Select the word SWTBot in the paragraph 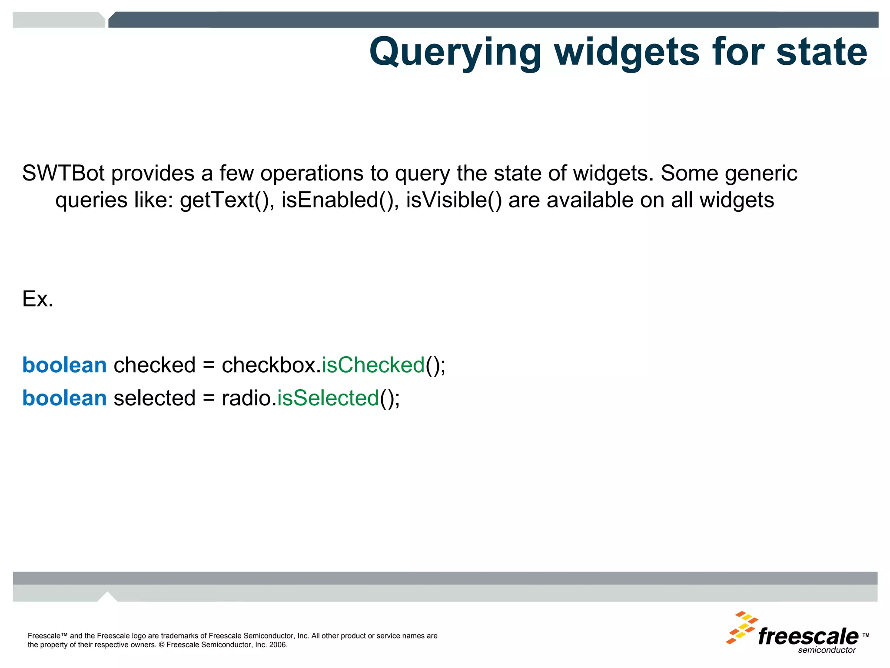coord(63,173)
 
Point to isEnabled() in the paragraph coord(340,200)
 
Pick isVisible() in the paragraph coord(454,200)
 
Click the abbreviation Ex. coord(38,299)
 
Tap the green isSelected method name coord(328,398)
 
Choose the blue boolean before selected coord(64,398)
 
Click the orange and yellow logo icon coord(741,628)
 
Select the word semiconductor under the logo coord(827,650)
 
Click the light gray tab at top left coord(59,20)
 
